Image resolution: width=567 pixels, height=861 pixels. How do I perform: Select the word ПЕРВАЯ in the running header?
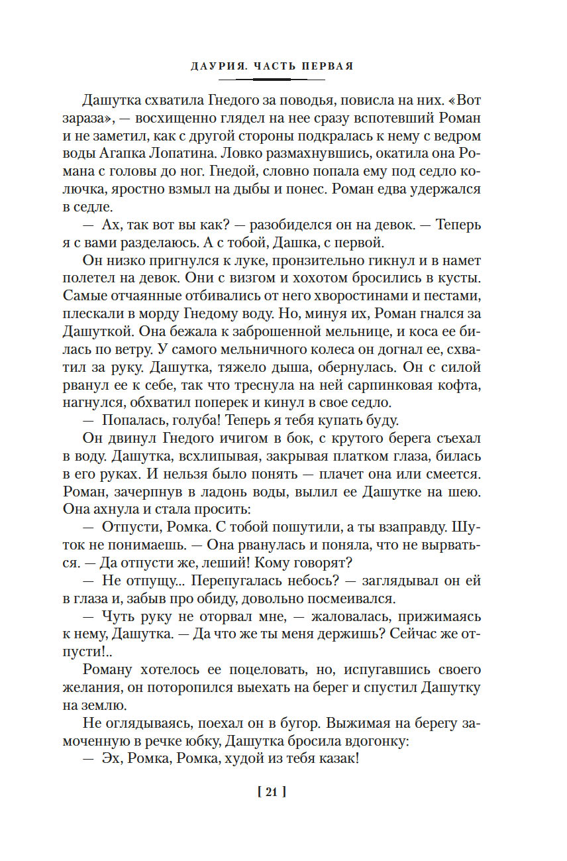329,66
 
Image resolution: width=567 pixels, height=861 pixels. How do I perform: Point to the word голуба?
191,420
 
